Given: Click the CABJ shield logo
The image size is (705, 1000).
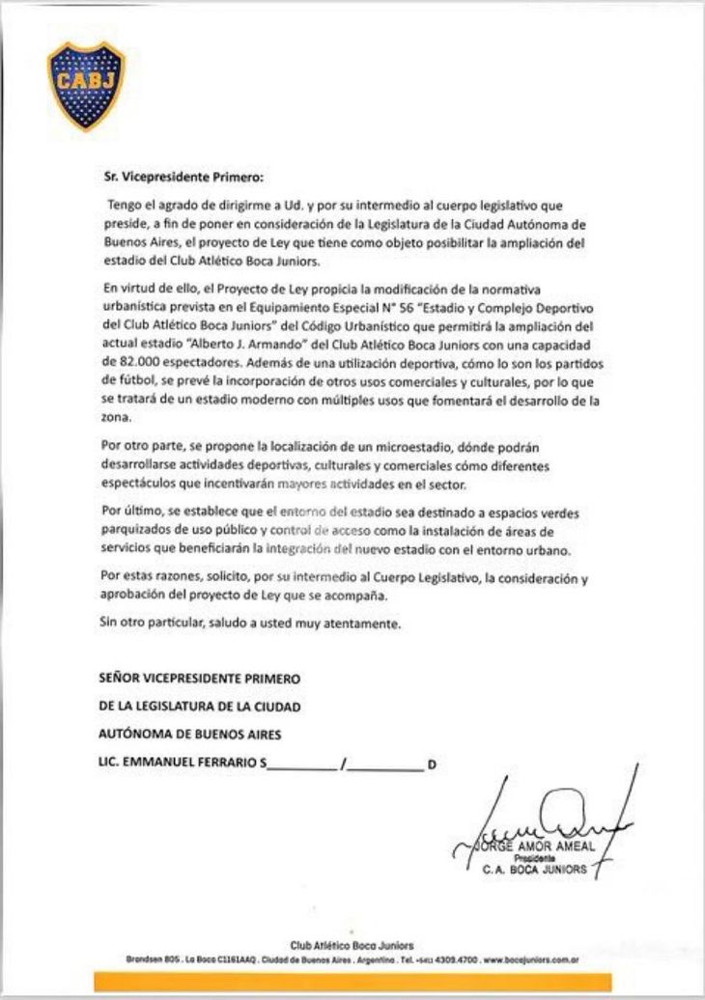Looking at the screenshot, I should click(86, 85).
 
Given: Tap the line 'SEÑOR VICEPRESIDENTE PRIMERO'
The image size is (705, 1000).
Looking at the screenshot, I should click(200, 679).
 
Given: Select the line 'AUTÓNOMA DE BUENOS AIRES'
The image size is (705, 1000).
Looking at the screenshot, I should click(190, 735).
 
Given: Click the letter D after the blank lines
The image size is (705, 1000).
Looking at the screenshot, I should click(432, 764).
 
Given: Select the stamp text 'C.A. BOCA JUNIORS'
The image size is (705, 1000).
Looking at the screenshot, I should click(535, 869).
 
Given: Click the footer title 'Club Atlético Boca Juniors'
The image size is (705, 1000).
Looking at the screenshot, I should click(352, 946).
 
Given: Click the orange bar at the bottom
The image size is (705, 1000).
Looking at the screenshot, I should click(352, 983).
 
